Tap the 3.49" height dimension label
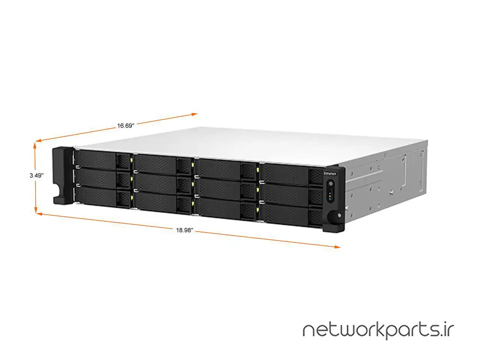pyautogui.click(x=37, y=175)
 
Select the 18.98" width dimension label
pyautogui.click(x=184, y=231)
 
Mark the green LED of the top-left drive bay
pyautogui.click(x=132, y=160)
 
